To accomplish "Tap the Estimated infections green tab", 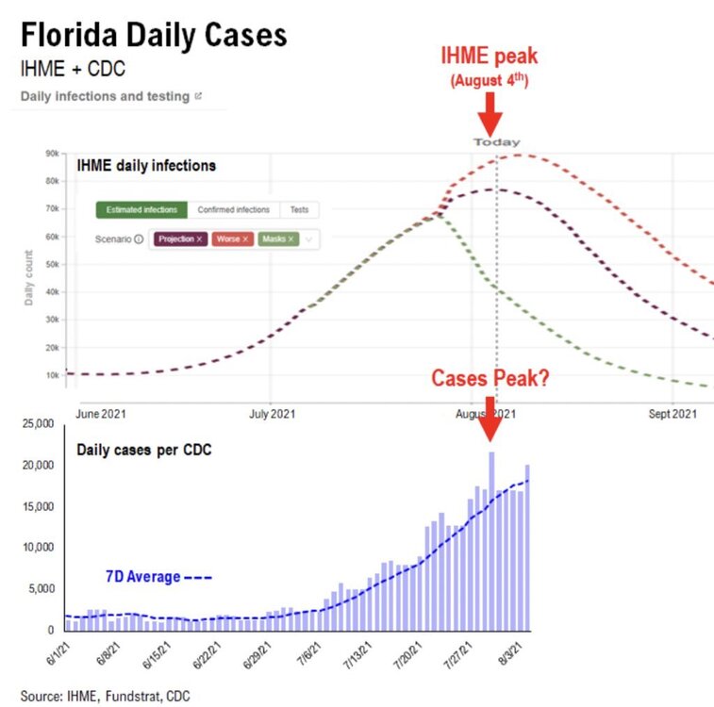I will (x=141, y=209).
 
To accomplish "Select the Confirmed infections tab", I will (x=234, y=209).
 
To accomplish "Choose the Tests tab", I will (x=299, y=209).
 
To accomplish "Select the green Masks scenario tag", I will (x=278, y=239).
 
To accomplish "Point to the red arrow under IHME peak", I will (x=490, y=117).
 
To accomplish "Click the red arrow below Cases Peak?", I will (x=490, y=420).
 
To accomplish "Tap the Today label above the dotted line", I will (x=496, y=142).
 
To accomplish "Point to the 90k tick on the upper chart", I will (x=53, y=153).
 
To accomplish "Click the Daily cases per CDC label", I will (x=144, y=449).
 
